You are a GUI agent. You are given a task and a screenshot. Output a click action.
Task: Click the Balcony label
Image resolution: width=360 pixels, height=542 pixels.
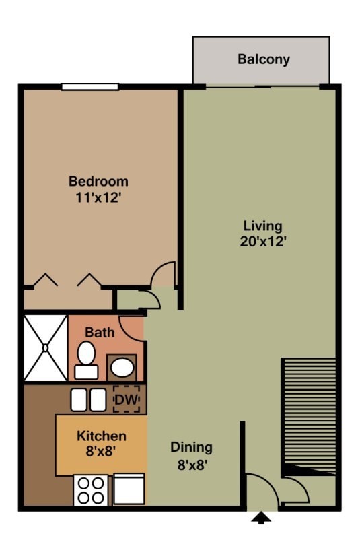tap(263, 59)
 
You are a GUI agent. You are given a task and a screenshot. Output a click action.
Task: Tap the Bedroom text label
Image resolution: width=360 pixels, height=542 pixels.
tap(98, 181)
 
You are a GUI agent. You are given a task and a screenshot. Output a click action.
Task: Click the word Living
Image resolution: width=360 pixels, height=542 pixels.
tap(262, 226)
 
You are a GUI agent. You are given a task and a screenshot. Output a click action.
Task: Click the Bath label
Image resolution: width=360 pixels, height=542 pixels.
tap(100, 333)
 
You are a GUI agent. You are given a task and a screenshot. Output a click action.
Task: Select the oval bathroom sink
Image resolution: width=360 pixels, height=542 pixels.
tap(122, 368)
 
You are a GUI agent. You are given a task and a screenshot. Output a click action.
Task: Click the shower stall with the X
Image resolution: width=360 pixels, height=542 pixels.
tap(46, 348)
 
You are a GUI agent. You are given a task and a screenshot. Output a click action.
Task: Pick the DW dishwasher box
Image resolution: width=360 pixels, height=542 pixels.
tap(126, 400)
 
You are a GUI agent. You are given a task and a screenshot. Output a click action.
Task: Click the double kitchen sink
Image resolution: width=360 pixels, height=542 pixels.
tap(89, 400)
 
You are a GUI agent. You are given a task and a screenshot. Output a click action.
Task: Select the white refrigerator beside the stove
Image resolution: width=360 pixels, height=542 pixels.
tap(129, 489)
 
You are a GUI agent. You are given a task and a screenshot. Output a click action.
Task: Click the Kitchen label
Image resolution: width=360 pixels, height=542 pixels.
tap(101, 436)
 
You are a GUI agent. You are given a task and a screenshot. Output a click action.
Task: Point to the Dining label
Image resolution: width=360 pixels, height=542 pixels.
tap(191, 447)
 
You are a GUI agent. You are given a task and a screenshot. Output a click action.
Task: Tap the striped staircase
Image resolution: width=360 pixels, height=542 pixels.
tap(308, 414)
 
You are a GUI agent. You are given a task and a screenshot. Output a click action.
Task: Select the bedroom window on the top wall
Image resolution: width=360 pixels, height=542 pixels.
tap(90, 86)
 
